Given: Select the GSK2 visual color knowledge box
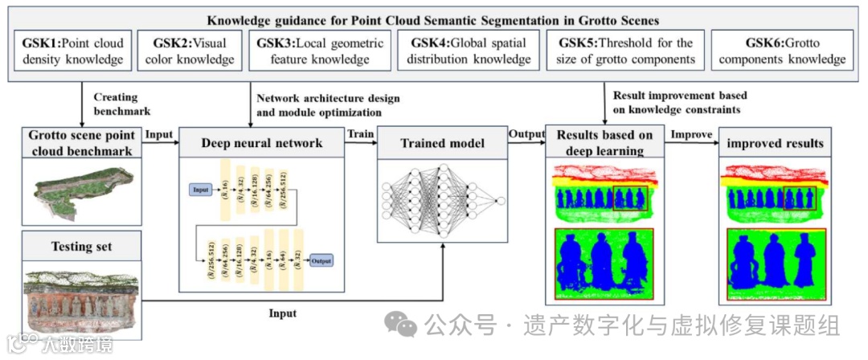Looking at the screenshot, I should point(190,51).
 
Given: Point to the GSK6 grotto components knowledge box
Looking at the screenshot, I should point(783,51).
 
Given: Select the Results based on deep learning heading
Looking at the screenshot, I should point(605,142).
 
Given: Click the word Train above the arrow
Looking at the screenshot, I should point(359,133).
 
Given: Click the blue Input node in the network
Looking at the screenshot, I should point(201,190).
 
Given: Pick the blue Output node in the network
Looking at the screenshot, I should point(322,260).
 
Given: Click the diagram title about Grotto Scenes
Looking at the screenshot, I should point(433,19).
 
